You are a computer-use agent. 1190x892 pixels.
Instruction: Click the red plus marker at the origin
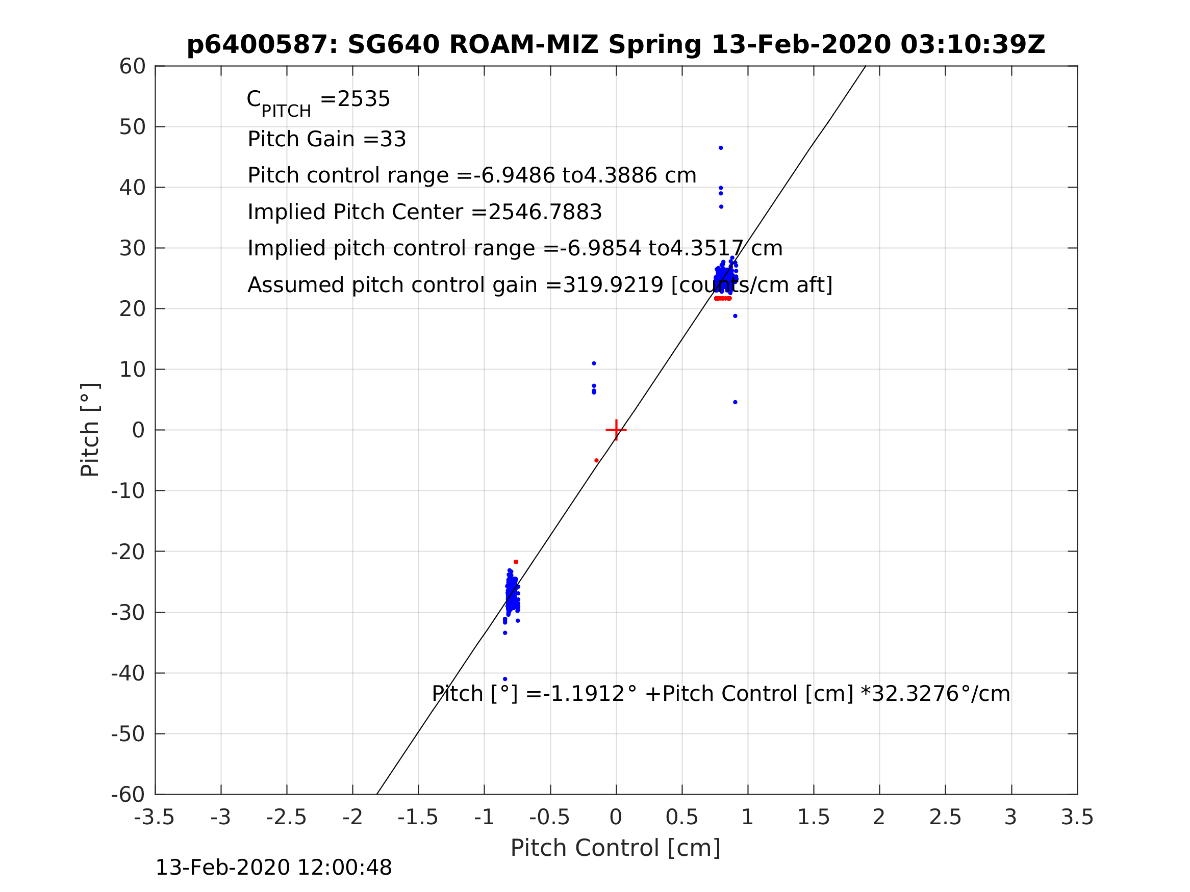(x=616, y=430)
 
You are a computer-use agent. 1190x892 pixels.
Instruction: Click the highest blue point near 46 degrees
(x=721, y=148)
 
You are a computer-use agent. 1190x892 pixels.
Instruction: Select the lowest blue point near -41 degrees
(x=504, y=679)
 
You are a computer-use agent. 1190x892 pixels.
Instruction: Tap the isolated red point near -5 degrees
(x=597, y=460)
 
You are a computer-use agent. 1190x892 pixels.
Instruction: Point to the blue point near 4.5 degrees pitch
(x=736, y=402)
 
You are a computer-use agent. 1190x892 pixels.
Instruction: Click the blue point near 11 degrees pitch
(x=594, y=363)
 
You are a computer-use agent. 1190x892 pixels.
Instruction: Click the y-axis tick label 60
(x=132, y=67)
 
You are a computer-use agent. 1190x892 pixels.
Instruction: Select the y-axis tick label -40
(x=128, y=673)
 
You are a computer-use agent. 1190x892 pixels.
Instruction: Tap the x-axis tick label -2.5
(x=286, y=818)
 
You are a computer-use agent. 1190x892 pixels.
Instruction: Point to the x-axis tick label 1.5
(x=814, y=818)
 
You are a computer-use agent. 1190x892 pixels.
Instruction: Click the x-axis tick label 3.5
(x=1077, y=818)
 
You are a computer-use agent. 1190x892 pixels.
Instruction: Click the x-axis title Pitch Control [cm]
(x=616, y=848)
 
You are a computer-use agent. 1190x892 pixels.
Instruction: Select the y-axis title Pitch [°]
(x=90, y=430)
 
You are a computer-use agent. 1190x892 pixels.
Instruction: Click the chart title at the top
(x=616, y=45)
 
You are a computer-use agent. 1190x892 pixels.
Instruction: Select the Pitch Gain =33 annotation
(x=326, y=139)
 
